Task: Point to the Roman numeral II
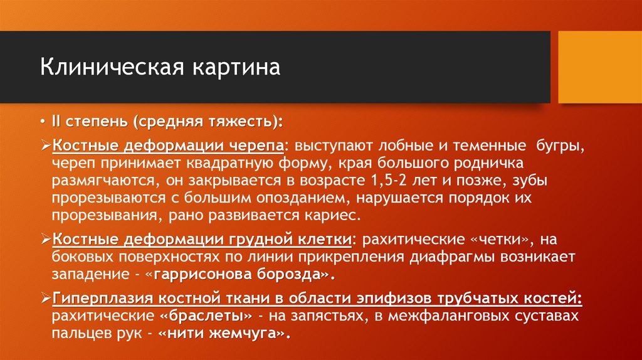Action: click(57, 119)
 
